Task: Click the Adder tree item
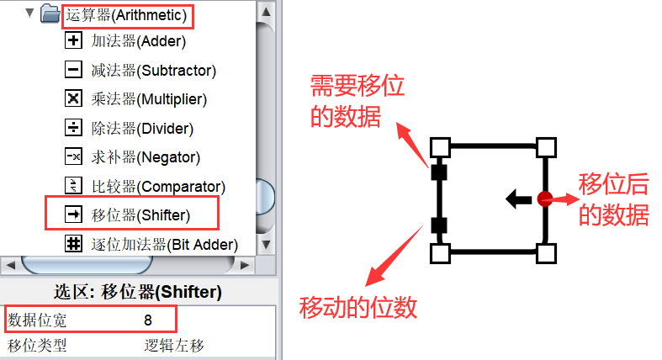click(138, 40)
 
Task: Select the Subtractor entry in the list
click(153, 70)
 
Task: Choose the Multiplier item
click(148, 99)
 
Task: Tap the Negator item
click(145, 156)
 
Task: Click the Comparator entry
click(157, 186)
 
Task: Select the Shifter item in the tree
click(140, 214)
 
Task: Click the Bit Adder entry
click(164, 244)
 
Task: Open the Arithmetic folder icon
click(50, 13)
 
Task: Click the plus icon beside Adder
click(73, 40)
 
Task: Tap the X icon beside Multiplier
click(73, 99)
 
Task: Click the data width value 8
click(148, 320)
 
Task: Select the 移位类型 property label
click(37, 345)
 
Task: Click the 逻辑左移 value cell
click(174, 345)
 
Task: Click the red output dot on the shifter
click(544, 199)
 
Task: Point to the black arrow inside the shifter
click(516, 199)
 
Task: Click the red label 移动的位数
click(358, 307)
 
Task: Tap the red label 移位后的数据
click(614, 199)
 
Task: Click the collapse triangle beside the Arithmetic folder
click(31, 13)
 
